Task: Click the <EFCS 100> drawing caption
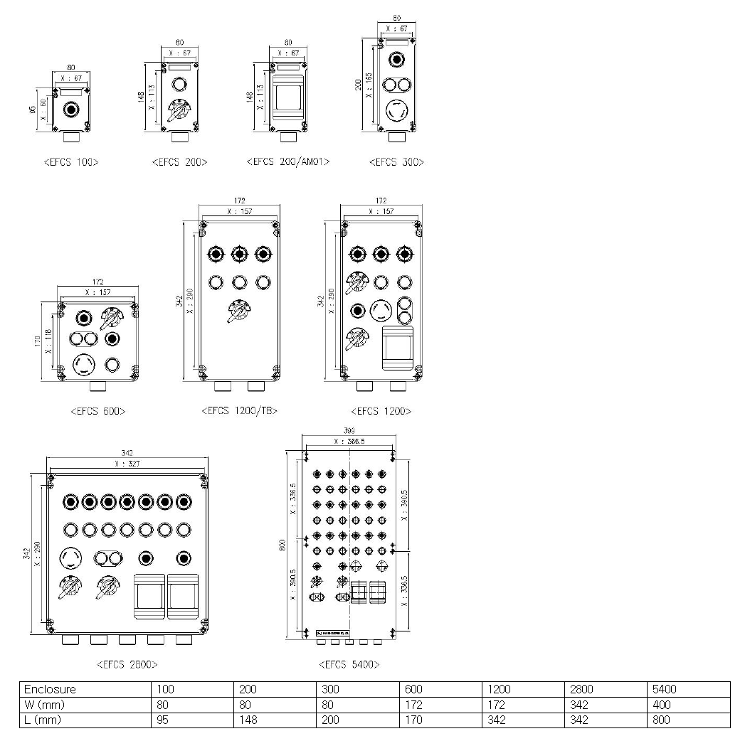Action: coord(70,162)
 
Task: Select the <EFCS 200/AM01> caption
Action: coord(287,162)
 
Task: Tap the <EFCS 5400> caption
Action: coord(349,664)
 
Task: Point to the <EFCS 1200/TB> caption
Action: coord(239,410)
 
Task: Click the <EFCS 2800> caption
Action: coord(127,664)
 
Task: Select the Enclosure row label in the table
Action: coord(50,689)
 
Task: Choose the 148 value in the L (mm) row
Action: coord(248,720)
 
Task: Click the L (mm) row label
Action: coord(43,720)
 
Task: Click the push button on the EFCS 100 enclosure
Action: coord(70,110)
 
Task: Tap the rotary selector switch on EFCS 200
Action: coord(178,112)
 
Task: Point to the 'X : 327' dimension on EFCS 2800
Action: coord(127,464)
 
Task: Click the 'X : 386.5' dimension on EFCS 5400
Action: coord(349,442)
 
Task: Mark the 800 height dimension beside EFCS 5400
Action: coord(282,544)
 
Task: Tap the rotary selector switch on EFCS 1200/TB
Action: coord(238,311)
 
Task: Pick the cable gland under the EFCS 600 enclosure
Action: coord(98,388)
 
